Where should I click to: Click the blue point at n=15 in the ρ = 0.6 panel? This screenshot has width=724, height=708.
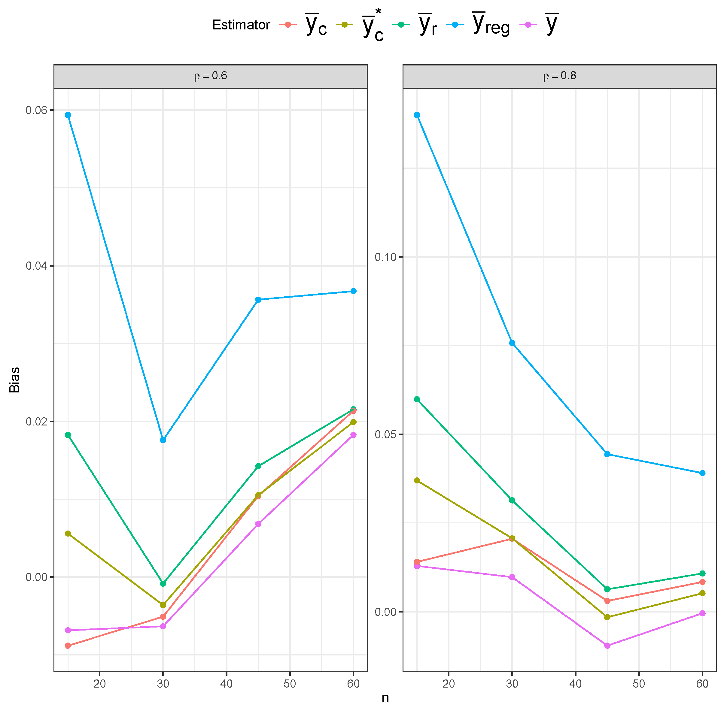coord(68,115)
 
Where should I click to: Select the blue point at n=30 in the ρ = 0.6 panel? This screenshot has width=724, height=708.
coord(163,440)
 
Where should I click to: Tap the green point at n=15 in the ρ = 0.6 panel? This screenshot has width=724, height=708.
coord(68,435)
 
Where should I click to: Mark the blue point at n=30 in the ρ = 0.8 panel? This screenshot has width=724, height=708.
coord(512,343)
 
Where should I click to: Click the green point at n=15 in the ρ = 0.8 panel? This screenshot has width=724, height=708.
coord(417,399)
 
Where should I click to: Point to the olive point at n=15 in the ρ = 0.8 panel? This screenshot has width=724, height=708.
coord(417,481)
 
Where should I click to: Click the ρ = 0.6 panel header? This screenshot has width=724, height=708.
coord(211,76)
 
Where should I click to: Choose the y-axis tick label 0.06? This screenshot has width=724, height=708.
coord(36,110)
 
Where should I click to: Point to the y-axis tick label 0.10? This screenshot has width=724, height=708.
coord(385,257)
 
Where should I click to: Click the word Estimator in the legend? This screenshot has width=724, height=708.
coord(241,25)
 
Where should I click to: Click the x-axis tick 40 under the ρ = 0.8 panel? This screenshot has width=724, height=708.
coord(576,683)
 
